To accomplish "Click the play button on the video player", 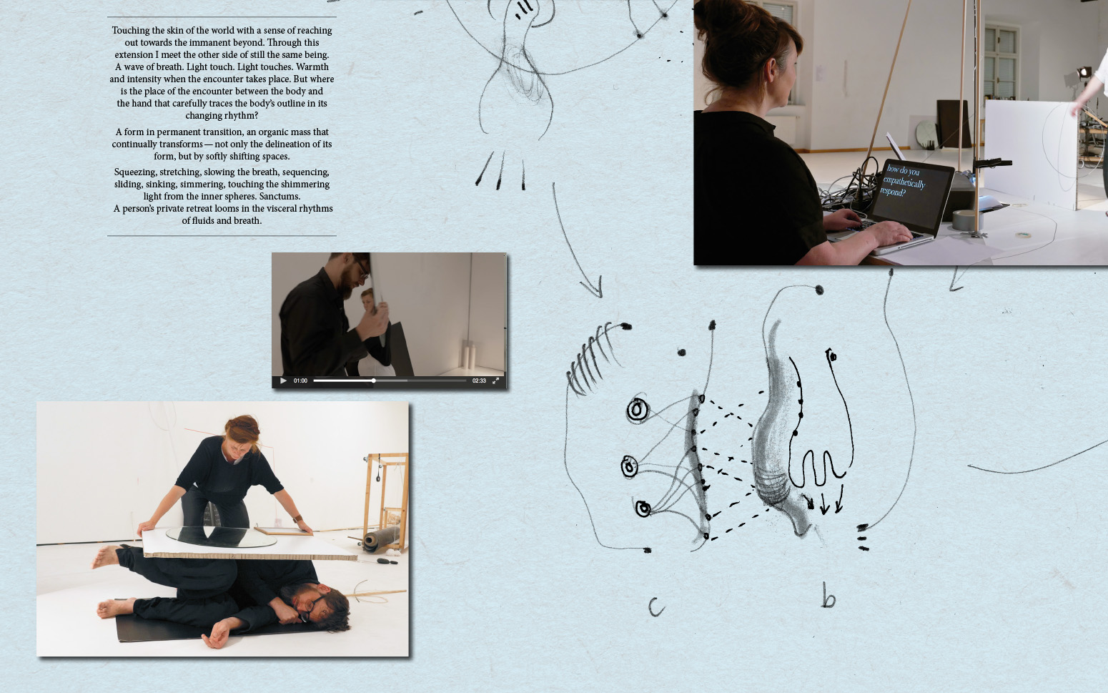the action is (x=283, y=380).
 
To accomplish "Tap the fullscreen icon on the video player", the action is (x=495, y=380).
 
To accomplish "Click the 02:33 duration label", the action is (x=479, y=380).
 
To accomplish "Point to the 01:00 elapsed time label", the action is (x=300, y=380).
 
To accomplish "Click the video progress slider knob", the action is (x=373, y=380).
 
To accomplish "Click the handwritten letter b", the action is (x=828, y=596).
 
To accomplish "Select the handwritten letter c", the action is (x=656, y=607).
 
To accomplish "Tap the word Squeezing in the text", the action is (x=136, y=172).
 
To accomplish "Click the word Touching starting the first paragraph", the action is (x=130, y=31).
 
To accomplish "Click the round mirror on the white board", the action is (x=221, y=536).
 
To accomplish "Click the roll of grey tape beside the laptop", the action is (x=963, y=220).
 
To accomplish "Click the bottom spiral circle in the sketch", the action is (x=643, y=508).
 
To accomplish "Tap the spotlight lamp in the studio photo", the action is (x=1084, y=72).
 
